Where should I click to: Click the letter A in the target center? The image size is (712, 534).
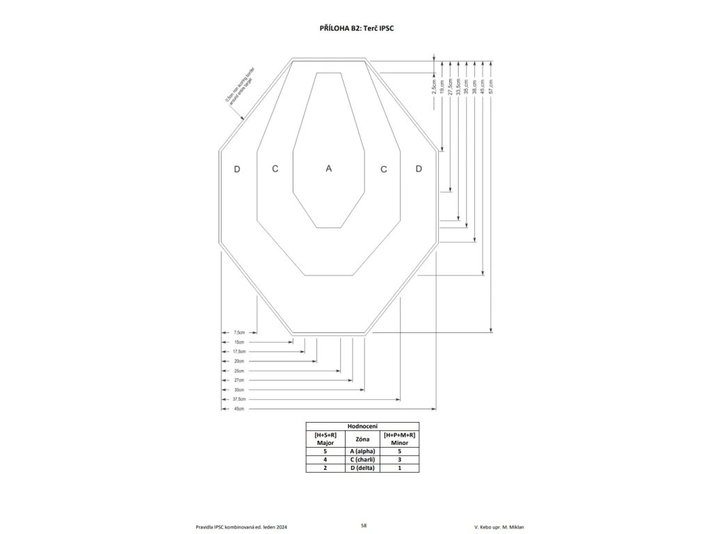tap(329, 168)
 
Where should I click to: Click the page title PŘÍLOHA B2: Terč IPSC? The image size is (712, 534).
tap(356, 29)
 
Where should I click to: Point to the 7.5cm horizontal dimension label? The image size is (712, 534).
tap(239, 332)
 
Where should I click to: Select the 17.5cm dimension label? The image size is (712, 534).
tap(240, 352)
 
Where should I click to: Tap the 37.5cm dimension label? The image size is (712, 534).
tap(240, 400)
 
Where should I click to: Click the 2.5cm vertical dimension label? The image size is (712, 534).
tap(433, 86)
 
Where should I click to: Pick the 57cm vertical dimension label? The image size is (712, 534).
tap(492, 86)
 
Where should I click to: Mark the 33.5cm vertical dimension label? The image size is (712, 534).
tap(458, 86)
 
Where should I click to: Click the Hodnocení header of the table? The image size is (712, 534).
tap(362, 426)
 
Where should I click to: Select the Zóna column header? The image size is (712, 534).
tap(362, 439)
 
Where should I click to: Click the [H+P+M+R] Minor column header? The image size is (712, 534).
tap(399, 439)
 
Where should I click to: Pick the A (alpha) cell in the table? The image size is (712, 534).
tap(362, 451)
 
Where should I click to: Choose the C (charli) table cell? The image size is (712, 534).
tap(362, 460)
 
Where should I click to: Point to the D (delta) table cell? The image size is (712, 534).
tap(362, 468)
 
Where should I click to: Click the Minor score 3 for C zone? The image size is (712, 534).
tap(399, 460)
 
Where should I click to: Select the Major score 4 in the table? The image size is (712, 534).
tap(325, 460)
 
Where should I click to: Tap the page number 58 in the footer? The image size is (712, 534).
tap(364, 525)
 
